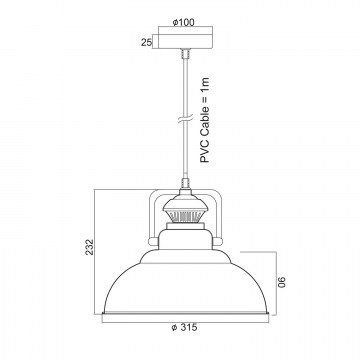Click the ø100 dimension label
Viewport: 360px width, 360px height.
pos(184,22)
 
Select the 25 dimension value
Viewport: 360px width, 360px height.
pos(146,42)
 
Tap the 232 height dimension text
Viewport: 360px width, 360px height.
pos(89,247)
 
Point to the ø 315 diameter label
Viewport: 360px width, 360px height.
pos(184,328)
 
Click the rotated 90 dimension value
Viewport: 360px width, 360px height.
pos(282,282)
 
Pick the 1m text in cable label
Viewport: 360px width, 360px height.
pos(205,84)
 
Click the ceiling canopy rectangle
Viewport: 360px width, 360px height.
pos(185,42)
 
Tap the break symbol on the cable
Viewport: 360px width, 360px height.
pos(185,120)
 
